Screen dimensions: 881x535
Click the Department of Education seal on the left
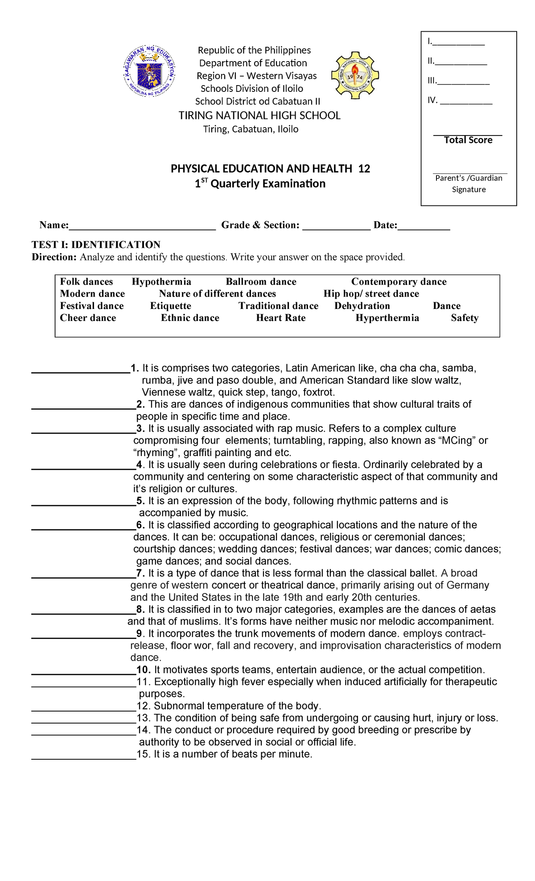(149, 71)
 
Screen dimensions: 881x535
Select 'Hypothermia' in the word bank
(161, 282)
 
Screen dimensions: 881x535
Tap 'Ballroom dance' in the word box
(261, 282)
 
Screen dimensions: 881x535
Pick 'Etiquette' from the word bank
(170, 306)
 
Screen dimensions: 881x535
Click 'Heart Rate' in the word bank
(280, 318)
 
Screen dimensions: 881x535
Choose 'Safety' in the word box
(465, 318)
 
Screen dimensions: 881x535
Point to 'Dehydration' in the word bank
(362, 306)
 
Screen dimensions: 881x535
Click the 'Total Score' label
(468, 140)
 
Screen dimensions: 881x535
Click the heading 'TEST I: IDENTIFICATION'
(96, 245)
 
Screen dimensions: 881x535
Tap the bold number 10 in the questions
(144, 670)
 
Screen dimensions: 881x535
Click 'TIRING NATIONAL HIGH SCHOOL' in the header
(259, 116)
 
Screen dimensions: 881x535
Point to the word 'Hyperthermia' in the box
(387, 318)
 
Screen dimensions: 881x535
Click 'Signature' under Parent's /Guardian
(469, 189)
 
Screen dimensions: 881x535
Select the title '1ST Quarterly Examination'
(260, 184)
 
